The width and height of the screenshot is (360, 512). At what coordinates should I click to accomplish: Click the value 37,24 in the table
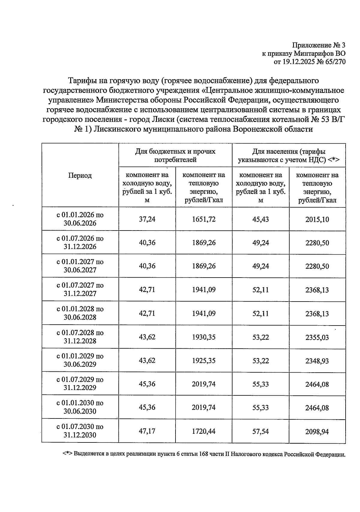(x=147, y=219)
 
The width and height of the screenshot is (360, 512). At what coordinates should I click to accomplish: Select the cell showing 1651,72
(x=204, y=219)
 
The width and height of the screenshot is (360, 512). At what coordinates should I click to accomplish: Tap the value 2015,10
(x=317, y=219)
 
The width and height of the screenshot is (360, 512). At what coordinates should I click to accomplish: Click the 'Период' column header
(x=80, y=176)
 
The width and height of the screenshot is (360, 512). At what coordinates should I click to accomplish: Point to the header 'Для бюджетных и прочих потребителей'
(x=175, y=156)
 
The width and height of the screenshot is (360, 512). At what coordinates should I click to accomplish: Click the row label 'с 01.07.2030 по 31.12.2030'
(x=80, y=431)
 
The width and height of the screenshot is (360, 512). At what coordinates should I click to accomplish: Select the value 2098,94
(x=317, y=432)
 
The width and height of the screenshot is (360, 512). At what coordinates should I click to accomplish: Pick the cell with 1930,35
(x=204, y=337)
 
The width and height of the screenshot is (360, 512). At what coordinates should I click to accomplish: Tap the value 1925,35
(x=204, y=361)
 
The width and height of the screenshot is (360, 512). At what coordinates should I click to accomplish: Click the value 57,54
(x=260, y=432)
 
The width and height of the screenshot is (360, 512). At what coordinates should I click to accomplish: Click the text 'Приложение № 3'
(x=319, y=46)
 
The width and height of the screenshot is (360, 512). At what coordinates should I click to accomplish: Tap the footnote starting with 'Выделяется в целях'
(x=204, y=454)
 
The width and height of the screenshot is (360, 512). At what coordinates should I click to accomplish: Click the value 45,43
(x=260, y=219)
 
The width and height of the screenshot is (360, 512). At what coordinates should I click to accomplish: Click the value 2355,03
(x=317, y=338)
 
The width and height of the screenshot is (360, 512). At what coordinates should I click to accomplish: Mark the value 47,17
(x=147, y=431)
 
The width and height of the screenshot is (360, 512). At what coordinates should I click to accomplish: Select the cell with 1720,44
(x=204, y=431)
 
